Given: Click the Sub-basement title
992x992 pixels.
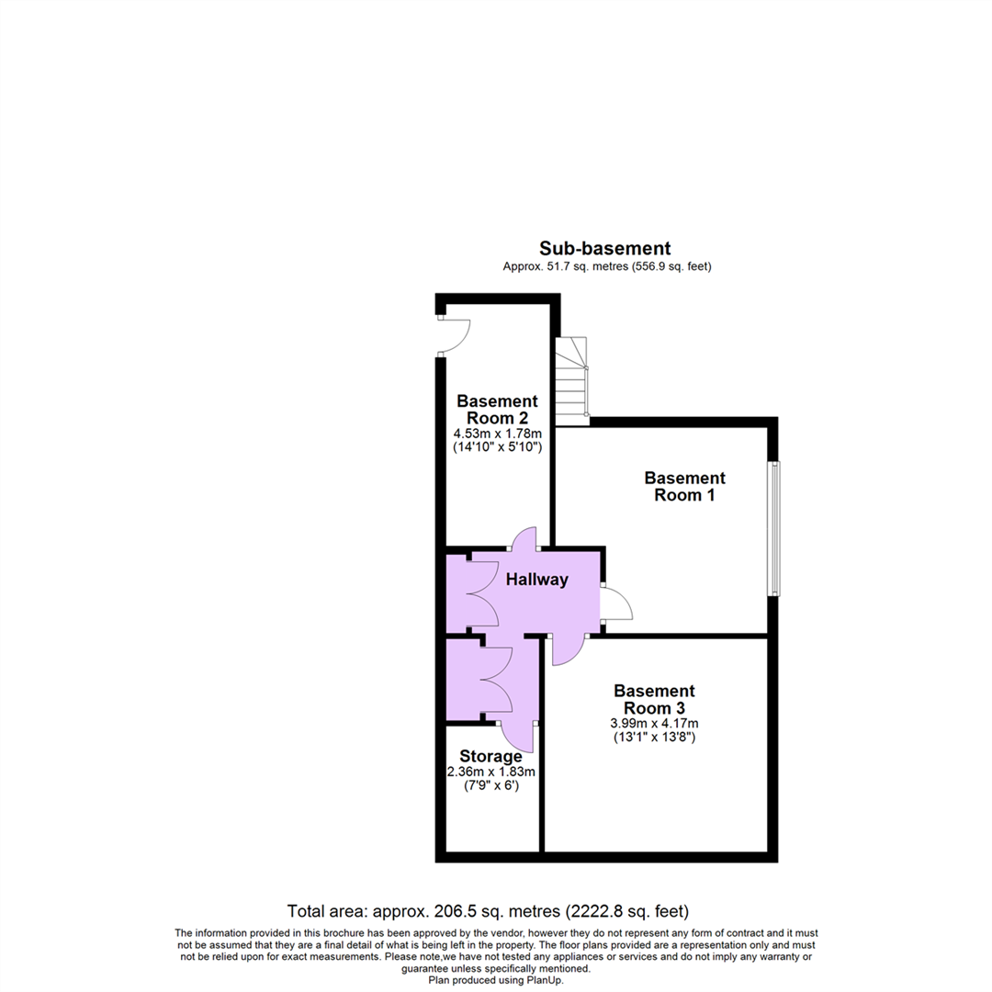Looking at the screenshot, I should coord(604,248).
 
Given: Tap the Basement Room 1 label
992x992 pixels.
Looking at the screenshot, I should coord(684,487).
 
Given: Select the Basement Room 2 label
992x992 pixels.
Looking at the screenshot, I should coord(497,410).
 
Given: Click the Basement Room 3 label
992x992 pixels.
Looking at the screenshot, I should coord(655,699).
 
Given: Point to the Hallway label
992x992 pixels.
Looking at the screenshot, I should coord(537,580).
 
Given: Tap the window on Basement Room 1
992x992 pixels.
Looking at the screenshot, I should coord(775,528).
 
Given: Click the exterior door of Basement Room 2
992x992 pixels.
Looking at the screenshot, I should coord(454,335).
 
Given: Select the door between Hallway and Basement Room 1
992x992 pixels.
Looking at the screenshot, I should coord(614,603).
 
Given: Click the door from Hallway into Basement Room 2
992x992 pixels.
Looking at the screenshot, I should coord(524,539).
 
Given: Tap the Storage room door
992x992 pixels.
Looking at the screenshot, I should coord(518,736).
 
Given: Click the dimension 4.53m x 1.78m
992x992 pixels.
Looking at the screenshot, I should coord(497,433).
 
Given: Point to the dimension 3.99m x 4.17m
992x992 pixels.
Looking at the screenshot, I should coord(655,723).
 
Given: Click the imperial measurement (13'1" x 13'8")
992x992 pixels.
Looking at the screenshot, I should coord(655,737).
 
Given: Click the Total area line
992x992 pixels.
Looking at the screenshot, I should coord(488,912).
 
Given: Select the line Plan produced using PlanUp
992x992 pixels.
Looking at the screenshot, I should coord(496,980).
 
